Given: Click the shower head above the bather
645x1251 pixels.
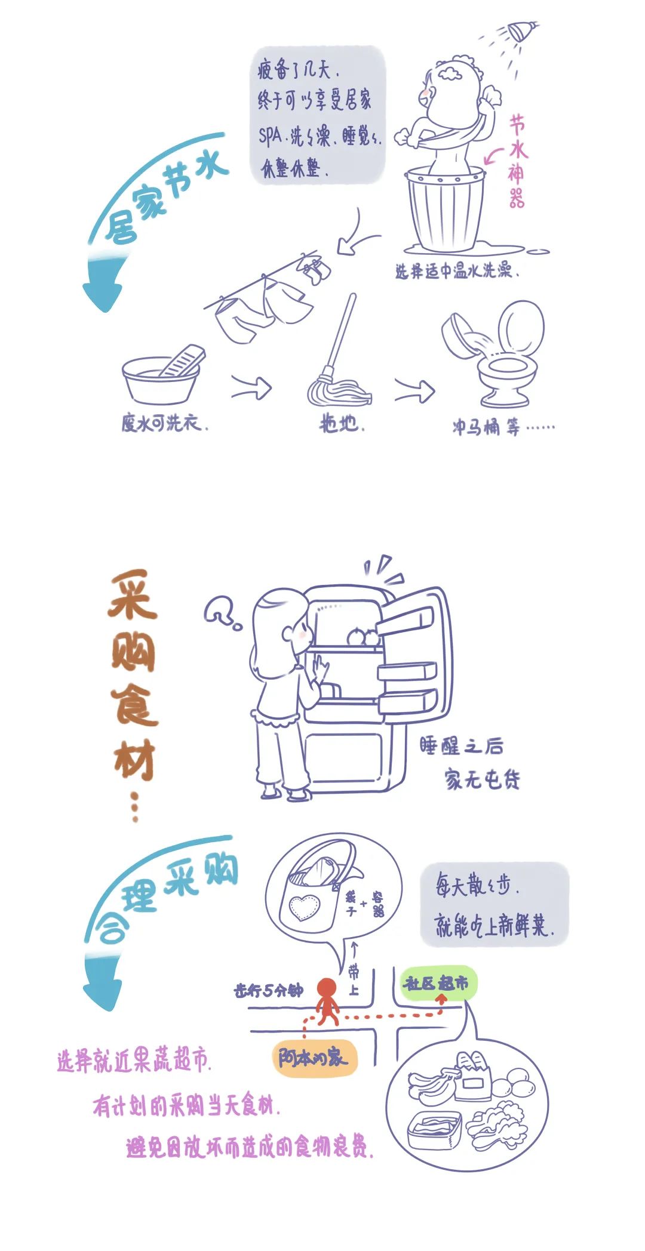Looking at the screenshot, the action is point(521,31).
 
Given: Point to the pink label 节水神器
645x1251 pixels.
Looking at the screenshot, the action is point(517,161).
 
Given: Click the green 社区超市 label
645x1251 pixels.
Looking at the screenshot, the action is point(437,983).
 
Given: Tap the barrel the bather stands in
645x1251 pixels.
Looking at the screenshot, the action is point(445,209).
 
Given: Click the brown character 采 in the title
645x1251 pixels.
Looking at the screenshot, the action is point(133,596).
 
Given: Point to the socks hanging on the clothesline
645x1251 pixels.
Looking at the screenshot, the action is point(315,267).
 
